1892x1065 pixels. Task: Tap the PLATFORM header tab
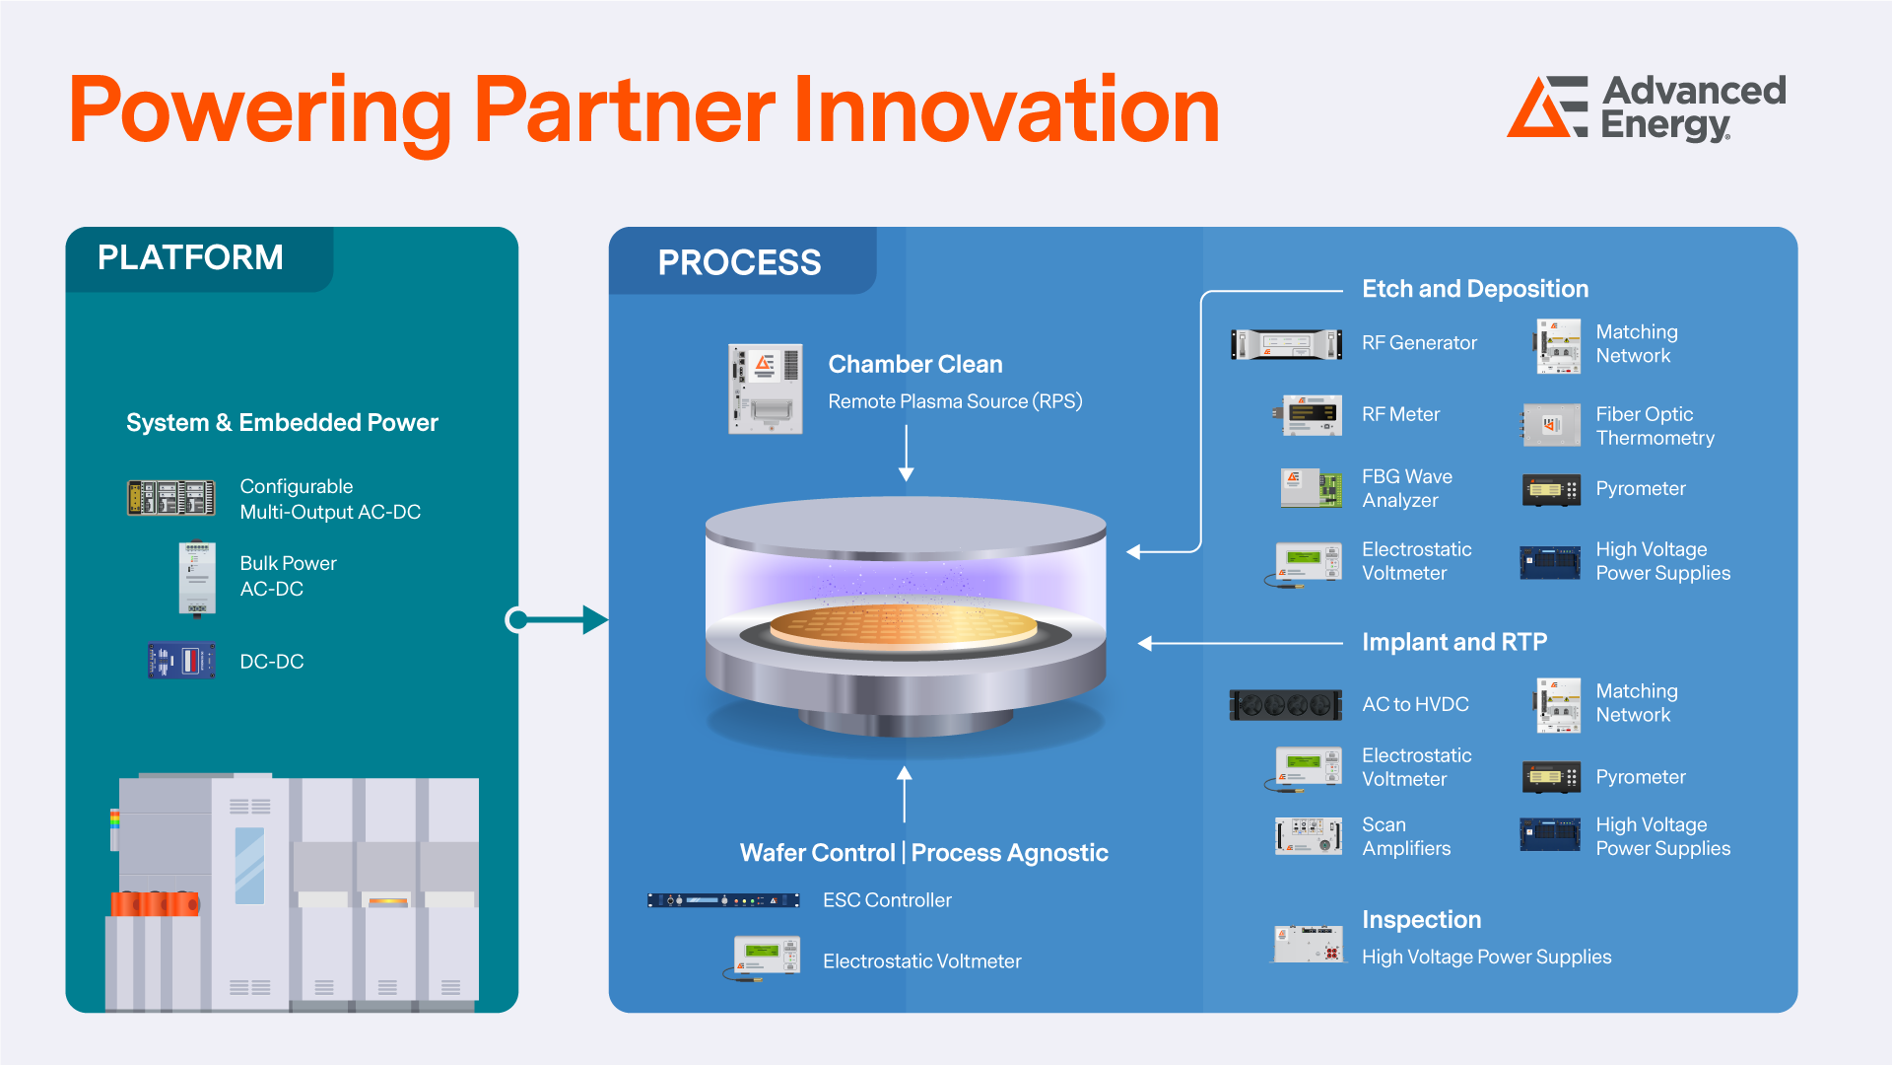coord(191,258)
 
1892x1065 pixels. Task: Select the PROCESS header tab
coord(739,262)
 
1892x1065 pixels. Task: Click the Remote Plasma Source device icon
coord(765,389)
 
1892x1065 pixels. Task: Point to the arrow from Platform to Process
coord(557,619)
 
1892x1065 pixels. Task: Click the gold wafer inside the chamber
coord(903,625)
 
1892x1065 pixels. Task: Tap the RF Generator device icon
coord(1286,344)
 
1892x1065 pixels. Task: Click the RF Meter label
coord(1400,414)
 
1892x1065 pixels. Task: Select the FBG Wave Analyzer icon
coord(1311,488)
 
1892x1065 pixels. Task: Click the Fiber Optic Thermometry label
coord(1655,426)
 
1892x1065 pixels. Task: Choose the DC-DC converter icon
coord(181,661)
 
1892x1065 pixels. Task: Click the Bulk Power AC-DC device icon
coord(197,577)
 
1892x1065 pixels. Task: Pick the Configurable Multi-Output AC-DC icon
coord(171,498)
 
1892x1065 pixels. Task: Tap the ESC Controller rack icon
coord(723,900)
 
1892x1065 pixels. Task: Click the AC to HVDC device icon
coord(1285,705)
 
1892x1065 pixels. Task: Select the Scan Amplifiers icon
coord(1309,836)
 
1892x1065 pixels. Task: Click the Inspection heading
coord(1421,919)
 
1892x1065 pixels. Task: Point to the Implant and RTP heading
coord(1453,642)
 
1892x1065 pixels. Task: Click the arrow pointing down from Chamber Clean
coord(906,457)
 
